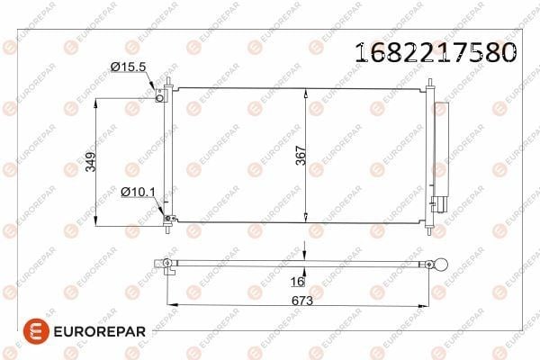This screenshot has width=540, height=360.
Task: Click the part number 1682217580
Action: pos(436,53)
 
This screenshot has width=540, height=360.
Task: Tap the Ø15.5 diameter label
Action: pos(129,67)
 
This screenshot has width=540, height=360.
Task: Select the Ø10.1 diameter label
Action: pos(138,192)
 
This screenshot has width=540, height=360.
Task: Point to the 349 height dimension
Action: pos(91,162)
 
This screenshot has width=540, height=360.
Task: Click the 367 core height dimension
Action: pos(301,156)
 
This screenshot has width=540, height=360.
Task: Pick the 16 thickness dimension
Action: pos(297,282)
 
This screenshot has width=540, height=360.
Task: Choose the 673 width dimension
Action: pos(302,301)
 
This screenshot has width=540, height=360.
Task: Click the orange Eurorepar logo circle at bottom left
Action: pos(36,331)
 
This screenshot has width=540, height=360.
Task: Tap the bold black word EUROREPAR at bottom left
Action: pos(100,332)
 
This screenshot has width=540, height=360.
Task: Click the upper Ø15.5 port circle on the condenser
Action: pos(159,98)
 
